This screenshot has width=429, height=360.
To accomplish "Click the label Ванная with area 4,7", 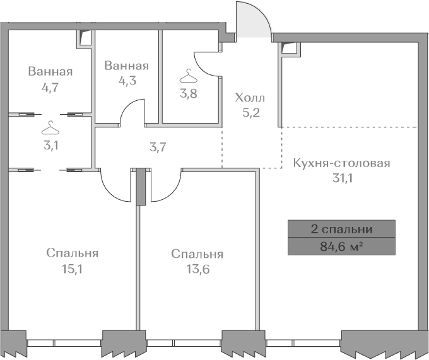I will pyautogui.click(x=50, y=71).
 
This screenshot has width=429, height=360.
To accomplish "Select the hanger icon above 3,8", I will pyautogui.click(x=187, y=77).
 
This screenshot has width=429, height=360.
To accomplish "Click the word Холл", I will pyautogui.click(x=250, y=98).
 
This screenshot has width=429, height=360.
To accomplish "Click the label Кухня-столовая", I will pyautogui.click(x=341, y=163).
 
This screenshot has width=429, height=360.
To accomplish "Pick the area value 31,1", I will pyautogui.click(x=342, y=178).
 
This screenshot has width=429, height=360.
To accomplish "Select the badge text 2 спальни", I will pyautogui.click(x=341, y=228).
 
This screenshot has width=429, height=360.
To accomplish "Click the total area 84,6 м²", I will pyautogui.click(x=341, y=245).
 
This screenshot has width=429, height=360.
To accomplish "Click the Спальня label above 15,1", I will pyautogui.click(x=72, y=253).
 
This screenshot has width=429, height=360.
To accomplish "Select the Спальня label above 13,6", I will pyautogui.click(x=197, y=254).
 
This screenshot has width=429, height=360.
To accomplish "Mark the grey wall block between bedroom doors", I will pyautogui.click(x=141, y=186).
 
